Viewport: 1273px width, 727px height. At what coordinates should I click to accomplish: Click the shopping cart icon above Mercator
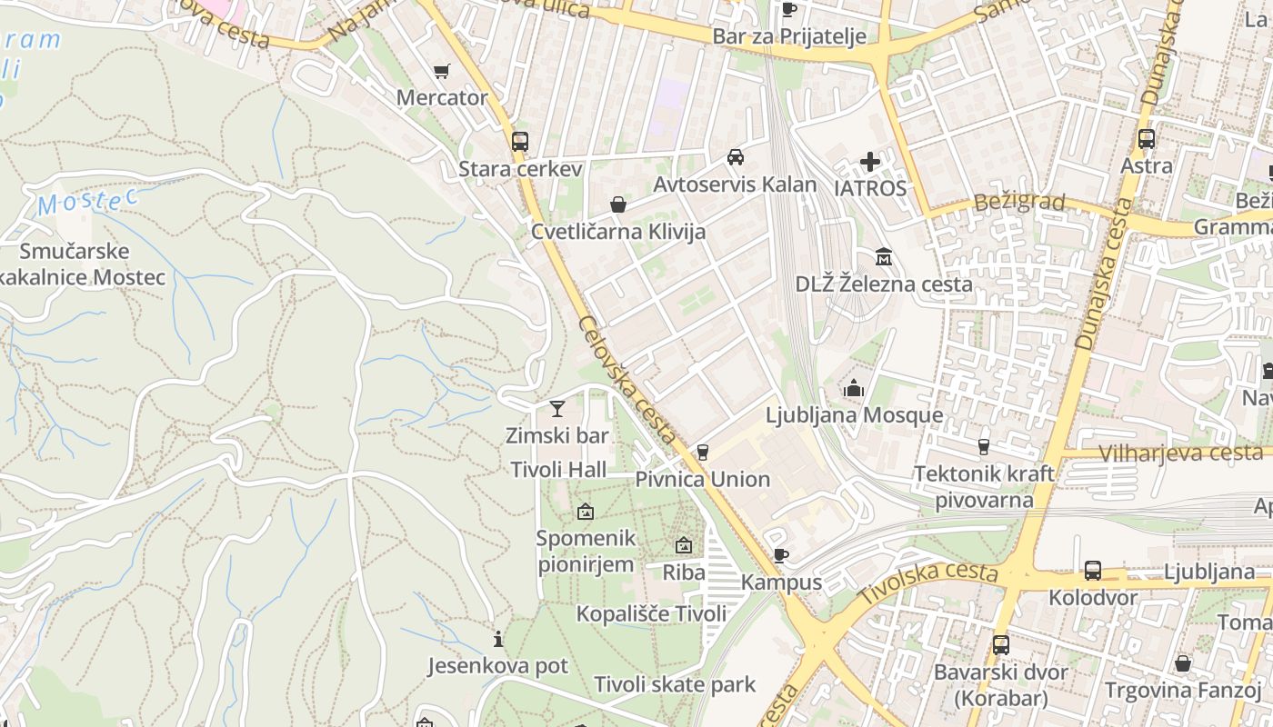[442, 71]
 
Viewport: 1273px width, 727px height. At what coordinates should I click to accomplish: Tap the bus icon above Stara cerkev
[520, 141]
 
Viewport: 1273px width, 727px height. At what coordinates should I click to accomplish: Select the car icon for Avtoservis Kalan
[736, 156]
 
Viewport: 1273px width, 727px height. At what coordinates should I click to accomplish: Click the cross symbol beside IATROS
[870, 163]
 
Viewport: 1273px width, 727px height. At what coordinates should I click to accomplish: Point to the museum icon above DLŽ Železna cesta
[883, 257]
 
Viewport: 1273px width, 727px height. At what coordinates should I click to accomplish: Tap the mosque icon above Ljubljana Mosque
[854, 389]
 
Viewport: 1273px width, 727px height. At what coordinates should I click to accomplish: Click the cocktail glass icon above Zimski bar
[557, 409]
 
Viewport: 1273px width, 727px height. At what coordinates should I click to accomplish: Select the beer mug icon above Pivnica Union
[702, 452]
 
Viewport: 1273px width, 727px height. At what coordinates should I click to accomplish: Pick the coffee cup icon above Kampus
[780, 555]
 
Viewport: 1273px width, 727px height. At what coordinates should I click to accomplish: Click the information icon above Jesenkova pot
[497, 639]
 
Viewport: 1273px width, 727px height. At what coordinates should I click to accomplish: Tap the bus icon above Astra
[1147, 139]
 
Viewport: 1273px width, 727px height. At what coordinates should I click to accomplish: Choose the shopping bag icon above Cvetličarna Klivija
[618, 204]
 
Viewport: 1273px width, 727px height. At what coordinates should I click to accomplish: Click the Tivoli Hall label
[558, 470]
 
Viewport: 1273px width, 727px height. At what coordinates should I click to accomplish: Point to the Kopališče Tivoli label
[652, 613]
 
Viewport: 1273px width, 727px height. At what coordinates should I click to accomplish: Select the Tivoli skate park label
[675, 684]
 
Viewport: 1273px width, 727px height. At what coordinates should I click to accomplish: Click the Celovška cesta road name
[627, 380]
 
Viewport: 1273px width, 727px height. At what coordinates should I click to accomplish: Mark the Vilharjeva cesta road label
[1180, 453]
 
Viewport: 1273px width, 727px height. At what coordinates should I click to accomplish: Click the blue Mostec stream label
[87, 203]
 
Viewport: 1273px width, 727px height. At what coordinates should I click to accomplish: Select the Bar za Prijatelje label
[789, 37]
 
